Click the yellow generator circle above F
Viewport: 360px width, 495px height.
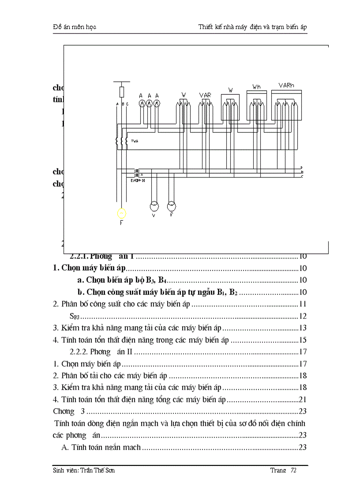tap(121, 213)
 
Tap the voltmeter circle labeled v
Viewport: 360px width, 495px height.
tap(154, 206)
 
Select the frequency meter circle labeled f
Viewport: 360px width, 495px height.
tap(171, 206)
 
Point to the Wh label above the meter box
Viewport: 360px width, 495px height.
tap(256, 87)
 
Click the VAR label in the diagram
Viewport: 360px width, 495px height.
tap(205, 95)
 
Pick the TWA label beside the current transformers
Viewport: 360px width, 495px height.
tap(135, 141)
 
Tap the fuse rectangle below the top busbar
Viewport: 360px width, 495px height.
tap(122, 92)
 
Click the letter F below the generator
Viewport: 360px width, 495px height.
tap(121, 223)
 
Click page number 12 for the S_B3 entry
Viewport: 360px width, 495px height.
tap(303, 316)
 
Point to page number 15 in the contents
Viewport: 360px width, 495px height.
tap(303, 340)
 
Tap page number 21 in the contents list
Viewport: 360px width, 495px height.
tap(303, 399)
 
